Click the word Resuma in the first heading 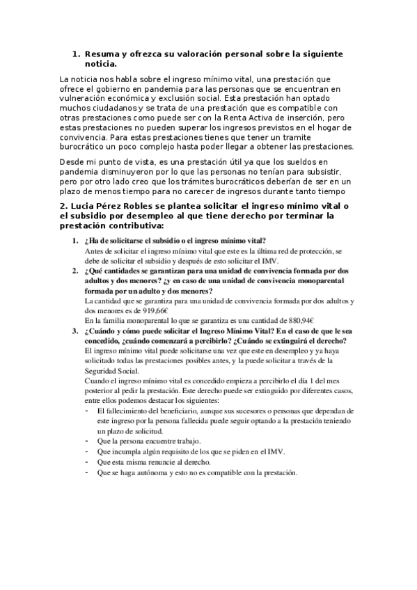(x=102, y=53)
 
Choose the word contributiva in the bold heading (x=132, y=226)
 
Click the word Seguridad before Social (x=101, y=371)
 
